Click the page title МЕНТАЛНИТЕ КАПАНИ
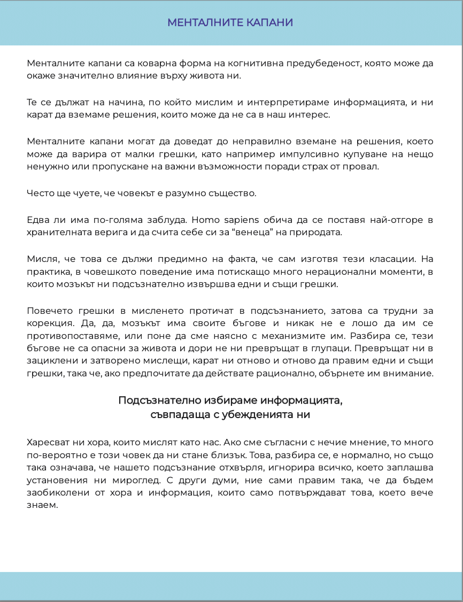230,22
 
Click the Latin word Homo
204,220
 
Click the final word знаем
41,505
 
